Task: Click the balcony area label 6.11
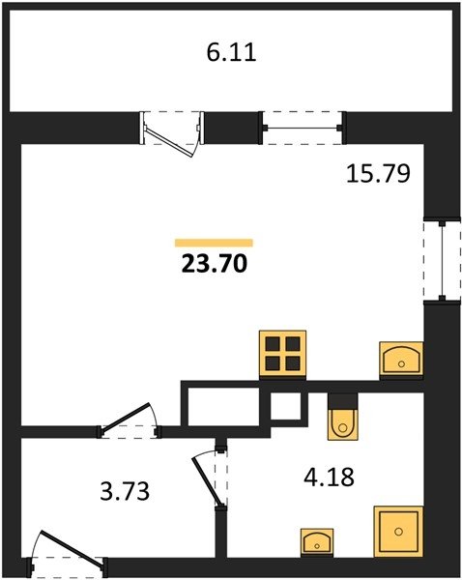pyautogui.click(x=231, y=53)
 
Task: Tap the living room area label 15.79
pyautogui.click(x=378, y=174)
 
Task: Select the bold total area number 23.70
pyautogui.click(x=215, y=264)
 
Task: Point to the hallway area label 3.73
pyautogui.click(x=125, y=492)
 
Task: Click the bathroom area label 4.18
pyautogui.click(x=329, y=477)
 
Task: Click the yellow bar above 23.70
pyautogui.click(x=214, y=243)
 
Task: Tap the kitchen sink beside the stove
pyautogui.click(x=401, y=360)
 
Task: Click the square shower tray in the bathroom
pyautogui.click(x=398, y=531)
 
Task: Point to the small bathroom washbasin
pyautogui.click(x=317, y=542)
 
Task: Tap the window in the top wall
pyautogui.click(x=303, y=128)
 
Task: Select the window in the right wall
pyautogui.click(x=442, y=260)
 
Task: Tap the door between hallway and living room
pyautogui.click(x=130, y=420)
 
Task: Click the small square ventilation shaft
pyautogui.click(x=285, y=406)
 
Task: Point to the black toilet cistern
pyautogui.click(x=343, y=400)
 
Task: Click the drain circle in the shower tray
pyautogui.click(x=398, y=532)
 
